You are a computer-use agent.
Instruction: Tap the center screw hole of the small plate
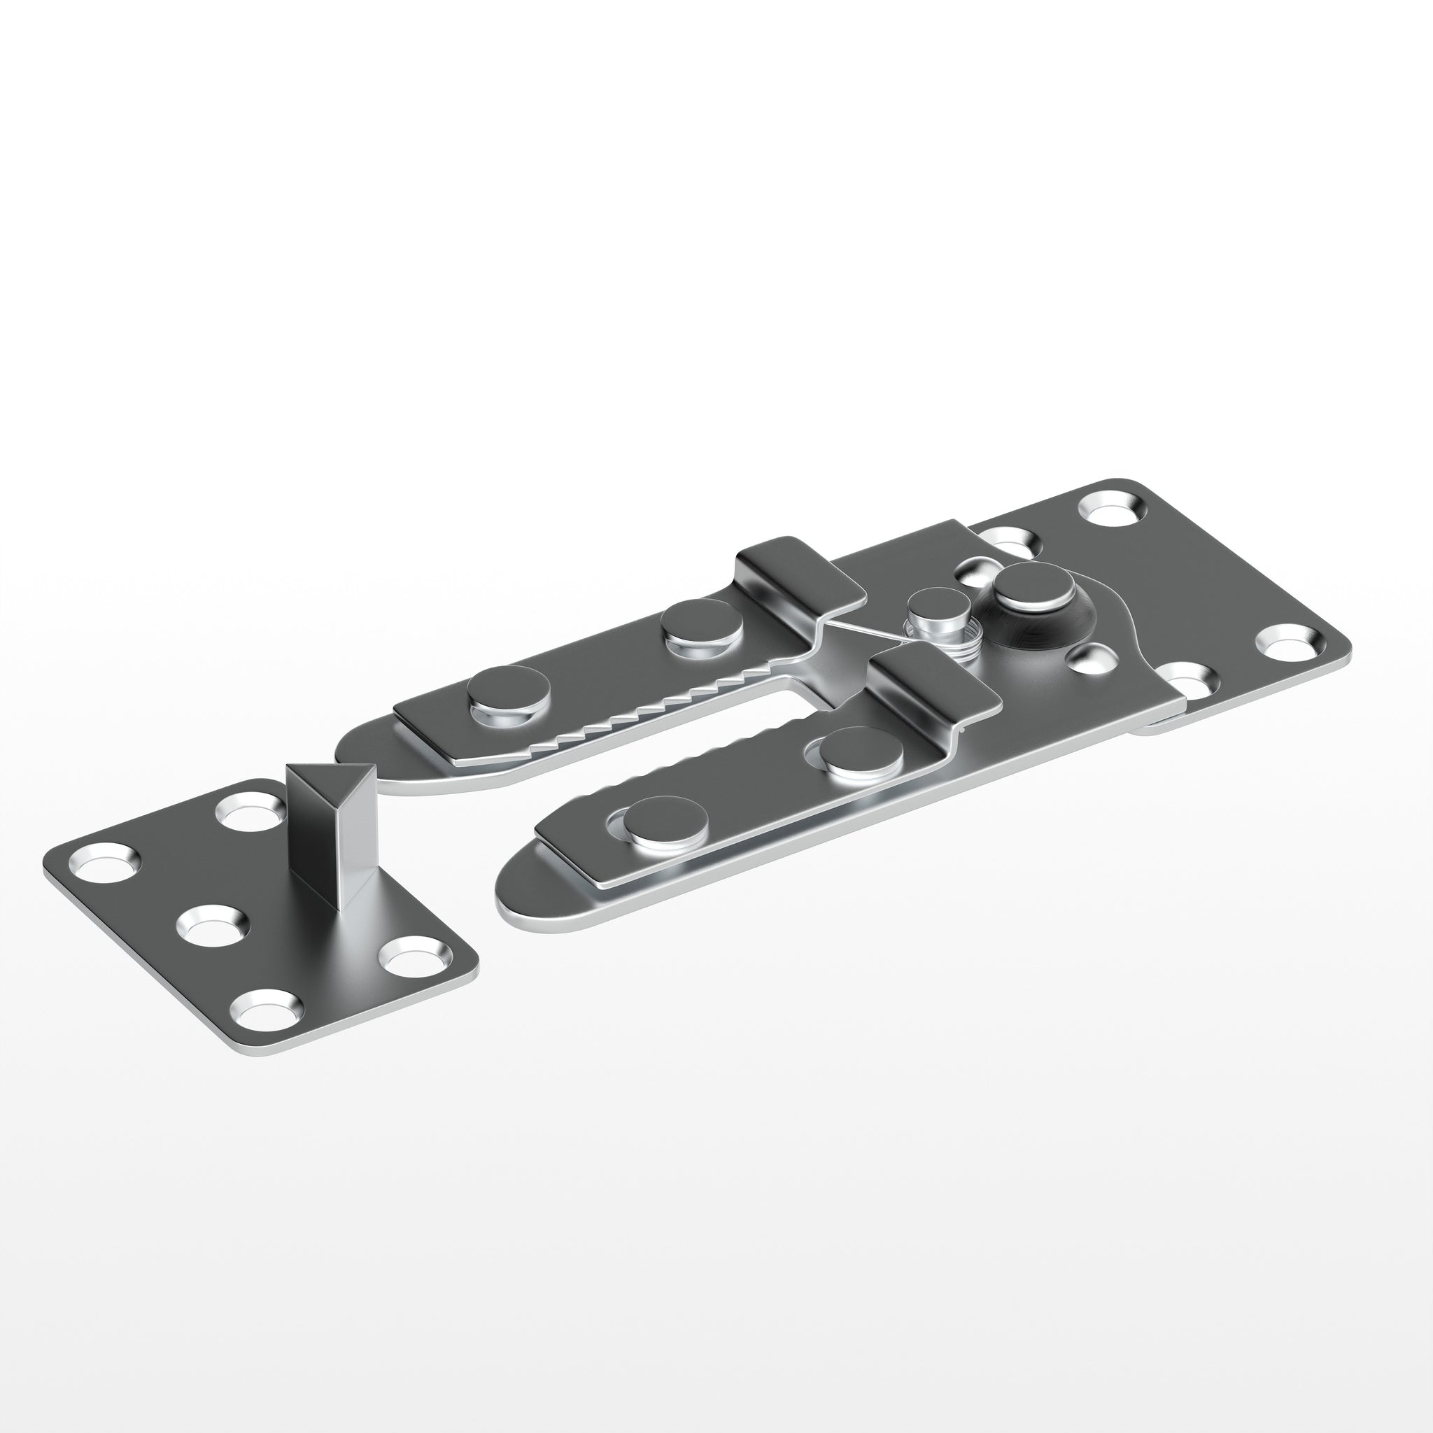[x=211, y=926]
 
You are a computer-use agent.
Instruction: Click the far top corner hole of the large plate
[x=1113, y=510]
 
